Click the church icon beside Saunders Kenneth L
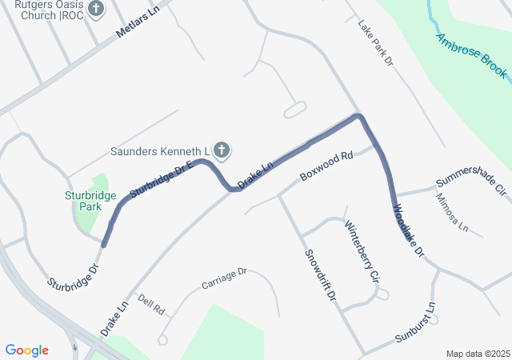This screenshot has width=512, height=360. click(222, 150)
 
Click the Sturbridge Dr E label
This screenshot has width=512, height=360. click(162, 180)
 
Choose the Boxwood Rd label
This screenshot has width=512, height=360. click(326, 165)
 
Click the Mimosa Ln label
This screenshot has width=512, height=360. click(451, 213)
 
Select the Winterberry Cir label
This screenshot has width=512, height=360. click(361, 255)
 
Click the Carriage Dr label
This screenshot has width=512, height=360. click(225, 278)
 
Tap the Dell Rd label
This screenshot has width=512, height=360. click(150, 304)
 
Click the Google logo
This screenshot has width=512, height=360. click(26, 350)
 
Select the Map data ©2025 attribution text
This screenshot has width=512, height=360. click(478, 354)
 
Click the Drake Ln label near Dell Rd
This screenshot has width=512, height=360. click(114, 318)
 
